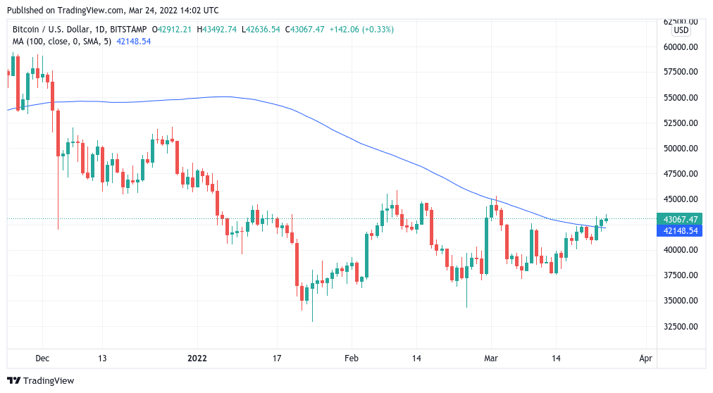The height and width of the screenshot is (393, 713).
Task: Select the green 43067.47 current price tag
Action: pos(678,219)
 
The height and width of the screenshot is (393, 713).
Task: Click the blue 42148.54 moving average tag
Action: pos(678,230)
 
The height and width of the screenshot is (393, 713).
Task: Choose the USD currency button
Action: pos(681,30)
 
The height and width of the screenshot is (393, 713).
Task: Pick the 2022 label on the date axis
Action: pos(197,358)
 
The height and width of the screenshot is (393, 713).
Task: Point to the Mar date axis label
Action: pos(490,358)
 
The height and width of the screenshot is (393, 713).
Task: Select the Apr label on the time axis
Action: pos(645,358)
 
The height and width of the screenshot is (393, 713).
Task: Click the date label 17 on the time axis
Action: pos(277,358)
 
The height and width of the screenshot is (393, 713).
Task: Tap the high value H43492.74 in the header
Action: pos(217,30)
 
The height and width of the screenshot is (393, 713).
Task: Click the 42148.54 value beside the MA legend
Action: pos(134,42)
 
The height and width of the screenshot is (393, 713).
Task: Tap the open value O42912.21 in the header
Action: pos(173,30)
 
